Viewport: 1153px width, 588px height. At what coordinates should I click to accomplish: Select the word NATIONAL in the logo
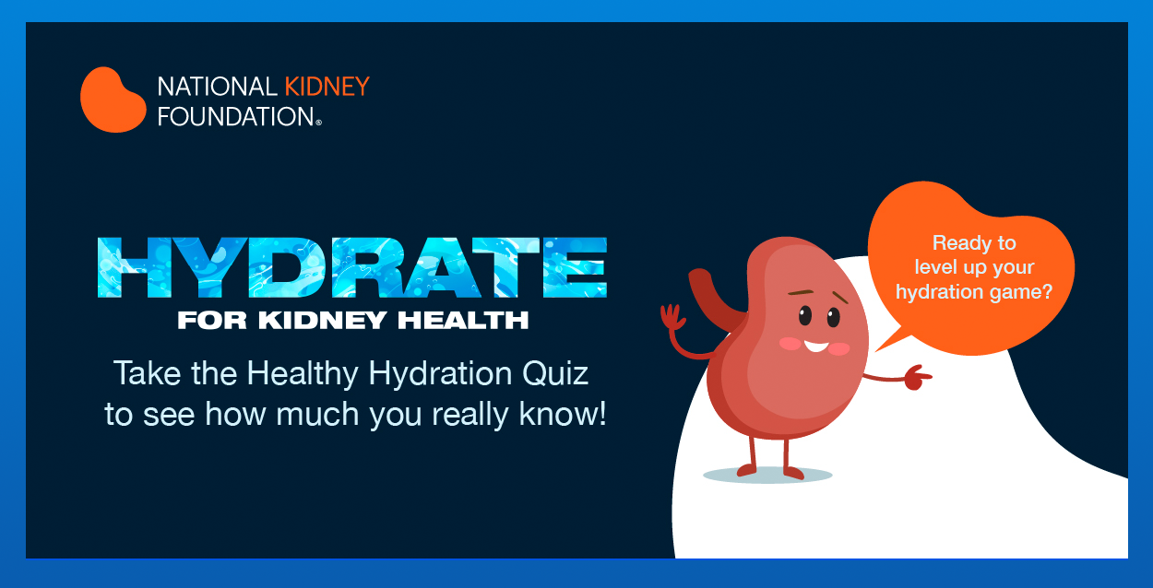[217, 87]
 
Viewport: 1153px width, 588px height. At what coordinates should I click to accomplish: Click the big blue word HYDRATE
[351, 266]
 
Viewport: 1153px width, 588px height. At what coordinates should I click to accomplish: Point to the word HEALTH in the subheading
[471, 321]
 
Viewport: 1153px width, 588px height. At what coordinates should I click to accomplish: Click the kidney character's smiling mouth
[815, 347]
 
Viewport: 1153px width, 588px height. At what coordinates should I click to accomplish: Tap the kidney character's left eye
[804, 316]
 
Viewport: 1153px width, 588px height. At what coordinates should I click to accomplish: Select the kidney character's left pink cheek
[790, 343]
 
